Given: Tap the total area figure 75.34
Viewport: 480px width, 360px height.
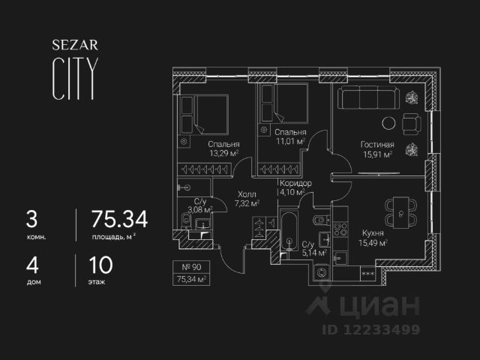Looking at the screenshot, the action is pos(119,219).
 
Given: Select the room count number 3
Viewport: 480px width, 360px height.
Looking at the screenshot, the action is pos(31,219).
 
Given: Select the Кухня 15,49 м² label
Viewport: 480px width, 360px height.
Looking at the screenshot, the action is pos(373,237).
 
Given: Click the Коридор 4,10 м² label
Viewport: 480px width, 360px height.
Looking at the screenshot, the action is pos(294,187).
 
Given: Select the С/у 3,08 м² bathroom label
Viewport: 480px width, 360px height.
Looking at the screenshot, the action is pos(200,206).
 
